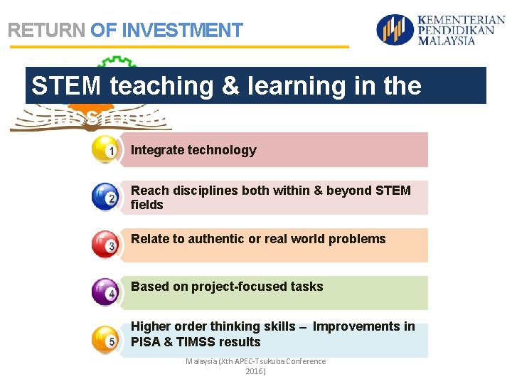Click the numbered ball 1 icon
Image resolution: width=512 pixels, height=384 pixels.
coord(105,150)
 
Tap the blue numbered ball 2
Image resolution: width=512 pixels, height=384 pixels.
coord(105,198)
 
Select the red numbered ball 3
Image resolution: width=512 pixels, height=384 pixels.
coord(105,245)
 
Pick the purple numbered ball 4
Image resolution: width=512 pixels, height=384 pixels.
coord(105,292)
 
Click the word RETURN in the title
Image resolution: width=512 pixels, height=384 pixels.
coord(46,31)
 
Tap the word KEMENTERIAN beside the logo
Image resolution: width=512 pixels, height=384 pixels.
coord(462,21)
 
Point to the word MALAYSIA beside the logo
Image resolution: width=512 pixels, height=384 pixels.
coord(446,41)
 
